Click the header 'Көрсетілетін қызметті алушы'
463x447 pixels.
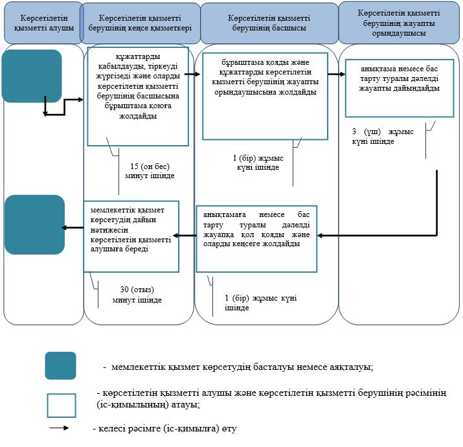(43, 23)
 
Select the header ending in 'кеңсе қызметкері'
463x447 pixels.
(141, 23)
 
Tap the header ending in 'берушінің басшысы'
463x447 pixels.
(269, 23)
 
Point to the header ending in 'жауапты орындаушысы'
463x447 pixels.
(399, 23)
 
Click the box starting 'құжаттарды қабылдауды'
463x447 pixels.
(138, 96)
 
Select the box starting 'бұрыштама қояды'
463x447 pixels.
(265, 96)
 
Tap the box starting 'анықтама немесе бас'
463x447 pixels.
(400, 88)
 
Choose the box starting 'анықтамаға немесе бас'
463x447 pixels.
(256, 238)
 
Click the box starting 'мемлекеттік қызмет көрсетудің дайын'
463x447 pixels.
(131, 236)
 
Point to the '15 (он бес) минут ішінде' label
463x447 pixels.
(150, 171)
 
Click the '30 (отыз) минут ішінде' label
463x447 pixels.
(137, 295)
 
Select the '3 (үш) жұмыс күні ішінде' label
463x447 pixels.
(383, 136)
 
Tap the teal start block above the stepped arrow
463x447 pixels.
(32, 76)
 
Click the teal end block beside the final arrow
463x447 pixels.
(34, 225)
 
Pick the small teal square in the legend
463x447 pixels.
(60, 365)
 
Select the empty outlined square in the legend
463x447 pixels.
(62, 406)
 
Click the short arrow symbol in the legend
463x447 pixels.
(59, 428)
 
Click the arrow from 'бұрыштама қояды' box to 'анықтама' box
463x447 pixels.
(336, 74)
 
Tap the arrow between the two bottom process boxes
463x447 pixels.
(185, 235)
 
